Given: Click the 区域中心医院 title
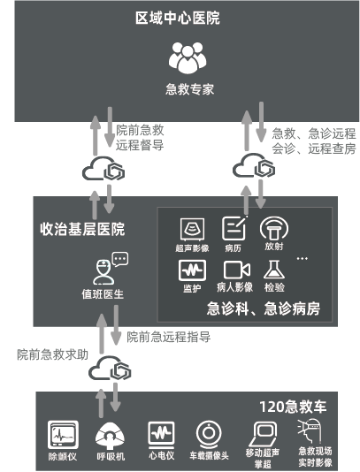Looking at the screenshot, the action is [x=178, y=18].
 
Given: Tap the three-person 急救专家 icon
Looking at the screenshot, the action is [x=188, y=57].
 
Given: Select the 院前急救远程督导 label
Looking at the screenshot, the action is [x=140, y=138].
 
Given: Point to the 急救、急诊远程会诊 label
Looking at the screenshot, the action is [x=314, y=141].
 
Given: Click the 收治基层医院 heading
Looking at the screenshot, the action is [x=82, y=229].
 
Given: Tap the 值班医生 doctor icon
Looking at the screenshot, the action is [x=103, y=272].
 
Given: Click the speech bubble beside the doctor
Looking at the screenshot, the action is [x=120, y=259].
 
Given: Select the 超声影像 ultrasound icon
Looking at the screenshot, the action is [x=192, y=229].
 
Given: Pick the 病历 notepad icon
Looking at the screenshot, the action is [x=234, y=228].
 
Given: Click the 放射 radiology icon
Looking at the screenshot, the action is [x=274, y=229].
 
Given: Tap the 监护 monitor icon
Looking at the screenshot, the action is [x=192, y=270].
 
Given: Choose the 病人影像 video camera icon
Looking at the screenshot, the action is [x=236, y=270].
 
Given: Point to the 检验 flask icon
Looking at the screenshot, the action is [x=274, y=270].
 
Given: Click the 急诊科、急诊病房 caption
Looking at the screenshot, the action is [x=264, y=308].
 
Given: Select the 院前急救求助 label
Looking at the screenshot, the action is [x=52, y=354].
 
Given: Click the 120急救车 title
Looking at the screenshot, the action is [x=293, y=407].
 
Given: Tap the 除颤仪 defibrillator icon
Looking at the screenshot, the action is [x=63, y=435].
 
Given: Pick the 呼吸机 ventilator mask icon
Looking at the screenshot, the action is [x=110, y=436].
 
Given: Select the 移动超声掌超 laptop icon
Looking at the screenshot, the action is [x=263, y=434].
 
